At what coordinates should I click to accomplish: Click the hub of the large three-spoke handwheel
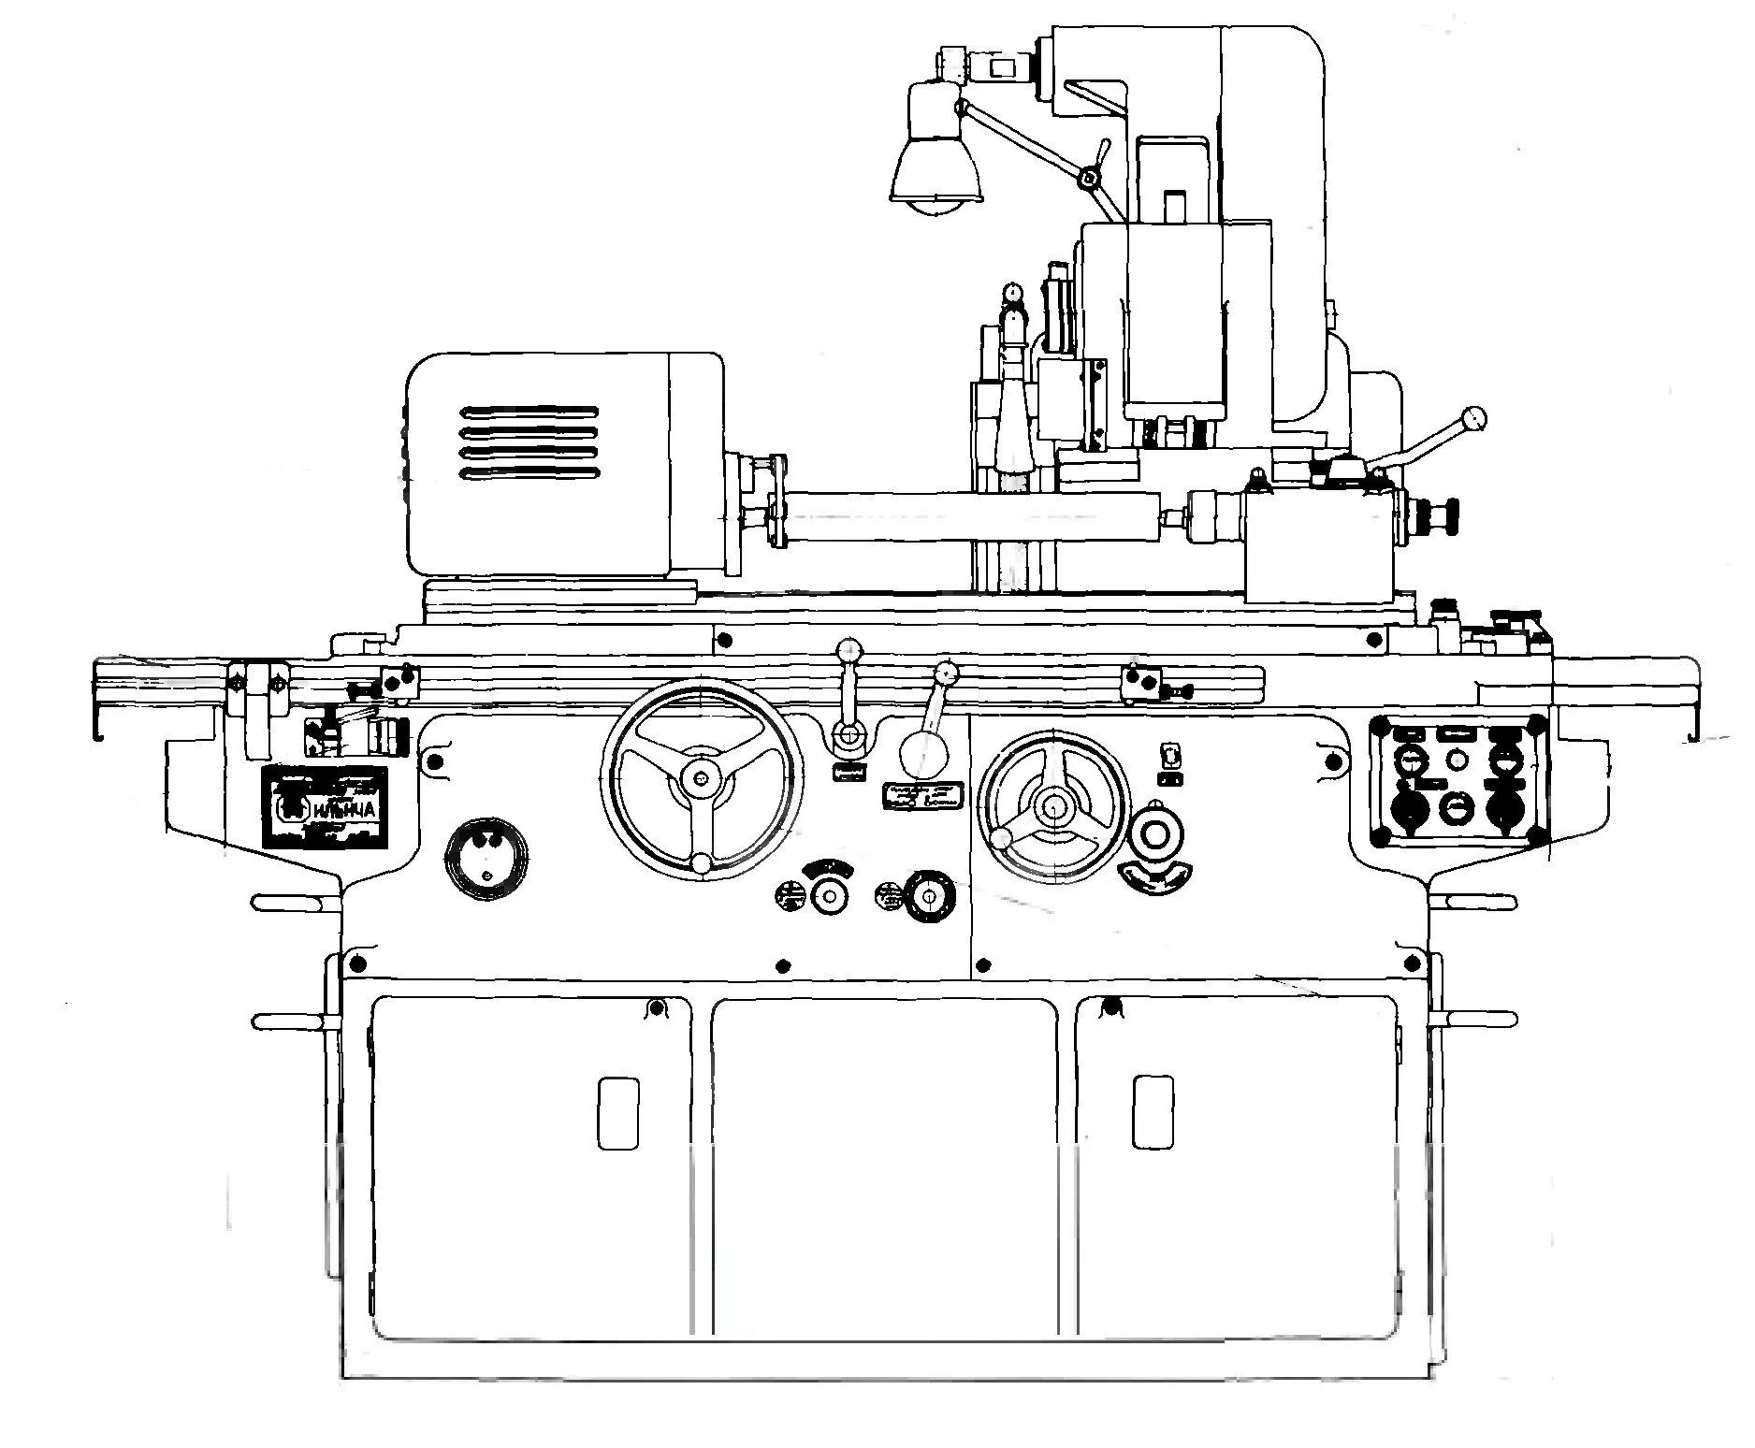pyautogui.click(x=702, y=777)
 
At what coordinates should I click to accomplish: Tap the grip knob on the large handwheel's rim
pyautogui.click(x=702, y=862)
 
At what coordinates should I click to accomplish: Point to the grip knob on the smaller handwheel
pyautogui.click(x=1002, y=838)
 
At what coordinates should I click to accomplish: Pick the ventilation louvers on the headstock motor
pyautogui.click(x=528, y=443)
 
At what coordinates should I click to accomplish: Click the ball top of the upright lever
pyautogui.click(x=849, y=648)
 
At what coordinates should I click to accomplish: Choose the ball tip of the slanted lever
pyautogui.click(x=947, y=672)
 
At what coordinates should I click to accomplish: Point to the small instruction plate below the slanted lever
pyautogui.click(x=924, y=794)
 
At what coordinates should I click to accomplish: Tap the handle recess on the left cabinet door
pyautogui.click(x=618, y=1113)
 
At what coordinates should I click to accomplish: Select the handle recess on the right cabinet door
pyautogui.click(x=1153, y=1112)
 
